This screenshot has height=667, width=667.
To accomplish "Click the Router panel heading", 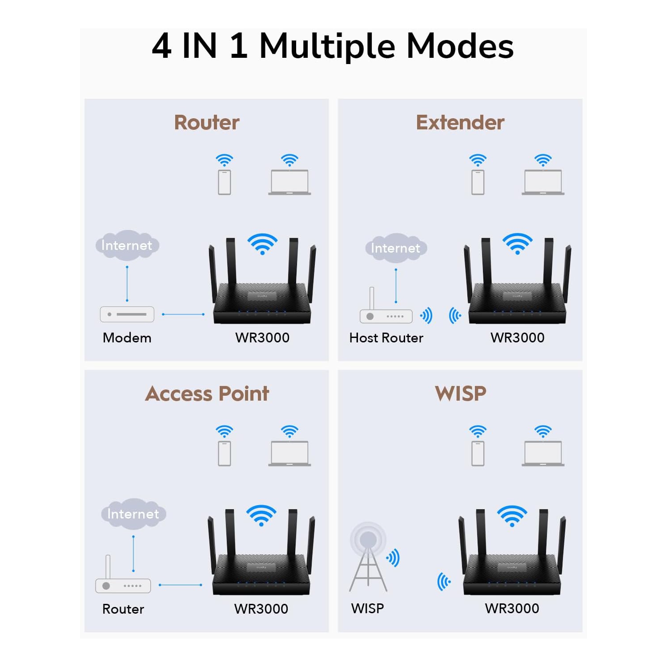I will click(x=206, y=122).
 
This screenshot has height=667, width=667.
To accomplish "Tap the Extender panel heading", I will click(x=460, y=122).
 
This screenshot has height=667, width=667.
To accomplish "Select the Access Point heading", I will click(x=207, y=394).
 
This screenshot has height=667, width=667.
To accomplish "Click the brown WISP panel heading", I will click(x=460, y=394).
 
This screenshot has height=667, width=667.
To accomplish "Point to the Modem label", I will click(x=127, y=338).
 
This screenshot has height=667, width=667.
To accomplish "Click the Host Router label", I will click(x=386, y=338).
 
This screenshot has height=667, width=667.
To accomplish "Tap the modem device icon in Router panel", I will click(x=127, y=314).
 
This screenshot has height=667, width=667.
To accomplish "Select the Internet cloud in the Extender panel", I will click(x=396, y=248).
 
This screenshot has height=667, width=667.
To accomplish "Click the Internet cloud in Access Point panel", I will click(x=133, y=514).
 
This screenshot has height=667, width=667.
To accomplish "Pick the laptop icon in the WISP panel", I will click(x=543, y=454).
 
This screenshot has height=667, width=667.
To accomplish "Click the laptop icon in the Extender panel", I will click(x=543, y=182).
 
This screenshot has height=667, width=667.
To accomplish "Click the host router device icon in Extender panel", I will click(x=386, y=315).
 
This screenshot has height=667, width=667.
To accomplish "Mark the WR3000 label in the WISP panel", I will click(x=512, y=608).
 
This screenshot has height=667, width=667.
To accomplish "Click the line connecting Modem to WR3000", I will click(x=183, y=314).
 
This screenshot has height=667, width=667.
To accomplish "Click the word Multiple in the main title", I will click(x=327, y=46).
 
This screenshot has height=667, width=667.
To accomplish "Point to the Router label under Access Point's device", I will click(x=123, y=609).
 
